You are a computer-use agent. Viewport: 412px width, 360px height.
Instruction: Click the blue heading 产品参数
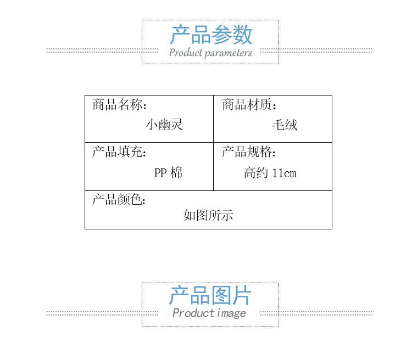[211, 35]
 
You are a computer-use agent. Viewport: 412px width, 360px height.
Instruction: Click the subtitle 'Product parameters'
[210, 53]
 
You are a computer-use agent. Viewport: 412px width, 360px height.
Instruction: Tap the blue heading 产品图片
[210, 296]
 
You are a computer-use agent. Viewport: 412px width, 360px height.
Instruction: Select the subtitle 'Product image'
[209, 313]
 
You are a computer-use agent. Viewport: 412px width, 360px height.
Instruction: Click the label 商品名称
[119, 105]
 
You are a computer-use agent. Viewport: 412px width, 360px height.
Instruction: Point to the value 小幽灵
[164, 125]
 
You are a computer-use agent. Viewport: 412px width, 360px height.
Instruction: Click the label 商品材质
[248, 105]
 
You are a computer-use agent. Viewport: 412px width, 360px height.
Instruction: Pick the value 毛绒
[285, 125]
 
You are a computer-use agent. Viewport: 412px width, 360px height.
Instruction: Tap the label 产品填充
[119, 152]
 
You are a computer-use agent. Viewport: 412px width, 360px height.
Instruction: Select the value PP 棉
[168, 173]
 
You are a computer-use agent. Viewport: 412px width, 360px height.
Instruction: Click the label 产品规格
[248, 152]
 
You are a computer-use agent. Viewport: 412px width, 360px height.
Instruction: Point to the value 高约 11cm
[270, 173]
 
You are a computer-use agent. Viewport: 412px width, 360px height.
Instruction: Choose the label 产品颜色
[119, 199]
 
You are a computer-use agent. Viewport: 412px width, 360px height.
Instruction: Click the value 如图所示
[208, 215]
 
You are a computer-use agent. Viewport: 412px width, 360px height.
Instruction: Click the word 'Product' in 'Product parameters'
[186, 53]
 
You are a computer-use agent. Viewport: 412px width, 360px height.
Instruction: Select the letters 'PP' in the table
[160, 173]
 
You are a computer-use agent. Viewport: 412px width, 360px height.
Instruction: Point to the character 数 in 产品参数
[242, 35]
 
